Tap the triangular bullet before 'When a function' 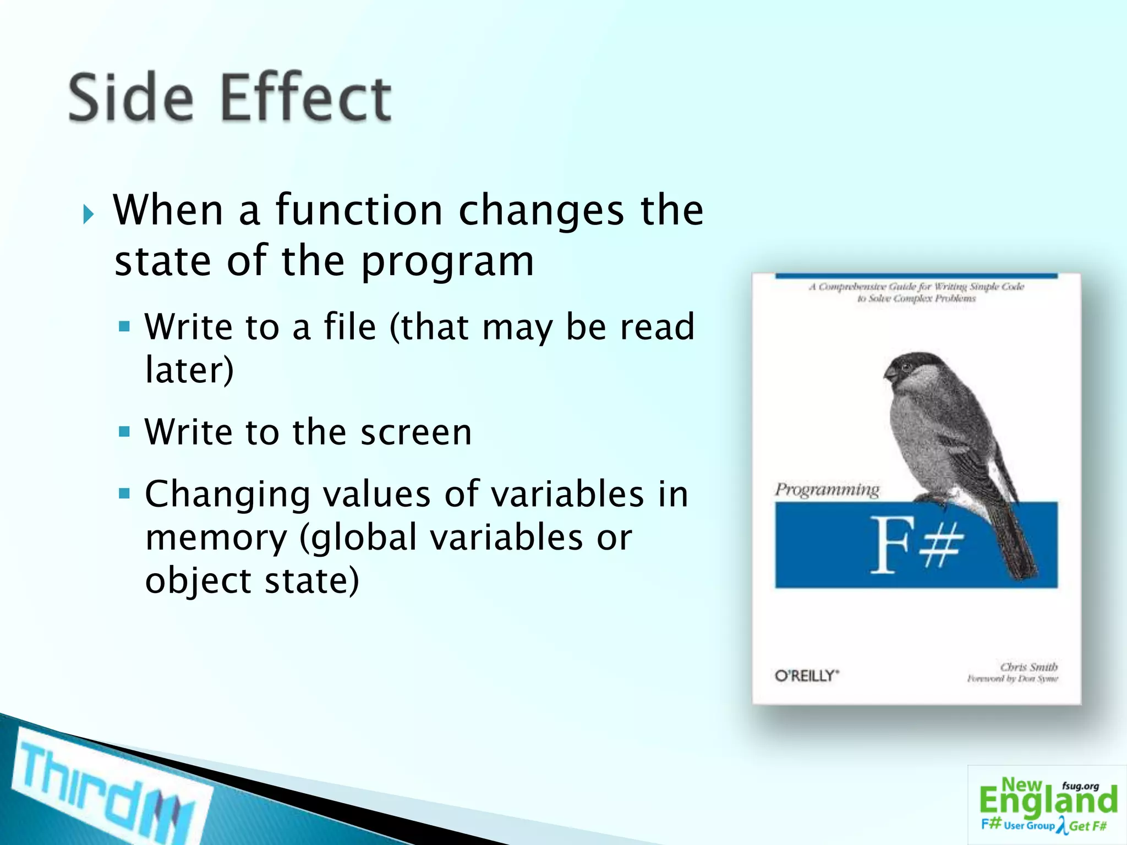89,214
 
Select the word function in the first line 359,210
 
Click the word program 447,262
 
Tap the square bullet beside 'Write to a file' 124,327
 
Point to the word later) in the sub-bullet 189,370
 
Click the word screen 416,432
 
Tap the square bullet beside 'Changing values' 124,493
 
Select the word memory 216,538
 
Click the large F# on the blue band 916,545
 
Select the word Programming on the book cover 827,489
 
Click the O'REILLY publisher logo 807,676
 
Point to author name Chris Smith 1028,667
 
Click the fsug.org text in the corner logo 1080,786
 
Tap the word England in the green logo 1048,801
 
